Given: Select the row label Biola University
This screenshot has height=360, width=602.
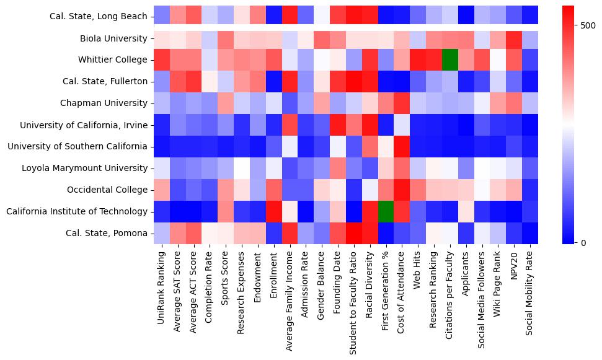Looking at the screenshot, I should [113, 38].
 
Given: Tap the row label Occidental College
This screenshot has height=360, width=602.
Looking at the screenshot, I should [108, 190].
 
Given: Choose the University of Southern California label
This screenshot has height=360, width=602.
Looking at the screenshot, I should [77, 147].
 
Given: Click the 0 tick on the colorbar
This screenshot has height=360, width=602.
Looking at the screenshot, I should [583, 242].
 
